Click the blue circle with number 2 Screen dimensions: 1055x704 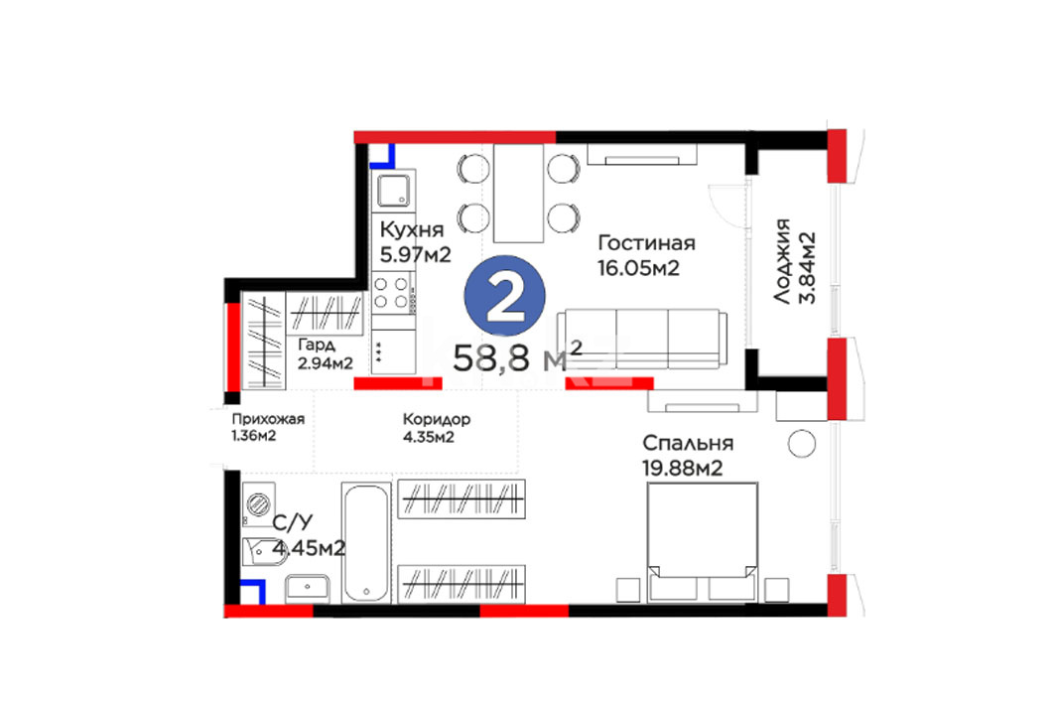coord(504,296)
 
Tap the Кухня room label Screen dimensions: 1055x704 coord(412,229)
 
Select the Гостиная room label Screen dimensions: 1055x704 coord(646,242)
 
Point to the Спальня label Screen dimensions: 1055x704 coord(688,443)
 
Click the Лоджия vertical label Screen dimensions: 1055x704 coord(782,261)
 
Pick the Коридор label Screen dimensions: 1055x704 coord(436,419)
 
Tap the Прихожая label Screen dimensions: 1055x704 coord(268,419)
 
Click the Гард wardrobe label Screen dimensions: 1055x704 coord(317,346)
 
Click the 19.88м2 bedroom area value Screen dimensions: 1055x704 coord(682,468)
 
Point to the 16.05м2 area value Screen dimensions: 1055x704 coord(638,268)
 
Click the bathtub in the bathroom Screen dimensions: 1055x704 coord(366,542)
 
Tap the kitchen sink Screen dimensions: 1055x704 coord(395,190)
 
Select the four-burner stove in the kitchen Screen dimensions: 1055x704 coord(391,293)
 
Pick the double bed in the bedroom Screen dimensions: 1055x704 coord(702,542)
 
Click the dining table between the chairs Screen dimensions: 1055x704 coord(518,194)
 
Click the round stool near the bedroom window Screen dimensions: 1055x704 coord(801,444)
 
